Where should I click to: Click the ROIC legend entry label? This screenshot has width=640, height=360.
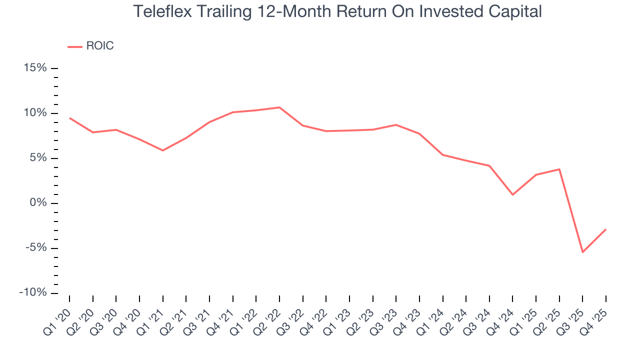[99, 46]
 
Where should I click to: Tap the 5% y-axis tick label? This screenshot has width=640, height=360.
[38, 158]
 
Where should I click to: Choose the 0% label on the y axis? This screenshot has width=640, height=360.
[38, 203]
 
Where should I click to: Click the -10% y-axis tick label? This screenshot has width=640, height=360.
[33, 293]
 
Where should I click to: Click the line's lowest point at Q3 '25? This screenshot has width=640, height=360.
[582, 252]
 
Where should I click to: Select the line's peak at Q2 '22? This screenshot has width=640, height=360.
[279, 107]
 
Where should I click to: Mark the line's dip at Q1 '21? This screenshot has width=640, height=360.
[162, 150]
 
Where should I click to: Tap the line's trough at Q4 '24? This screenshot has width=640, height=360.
[512, 194]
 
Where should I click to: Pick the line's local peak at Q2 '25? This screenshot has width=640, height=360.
[559, 169]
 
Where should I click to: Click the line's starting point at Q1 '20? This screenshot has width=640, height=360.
[69, 118]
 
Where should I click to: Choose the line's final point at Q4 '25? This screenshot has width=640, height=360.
[606, 229]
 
